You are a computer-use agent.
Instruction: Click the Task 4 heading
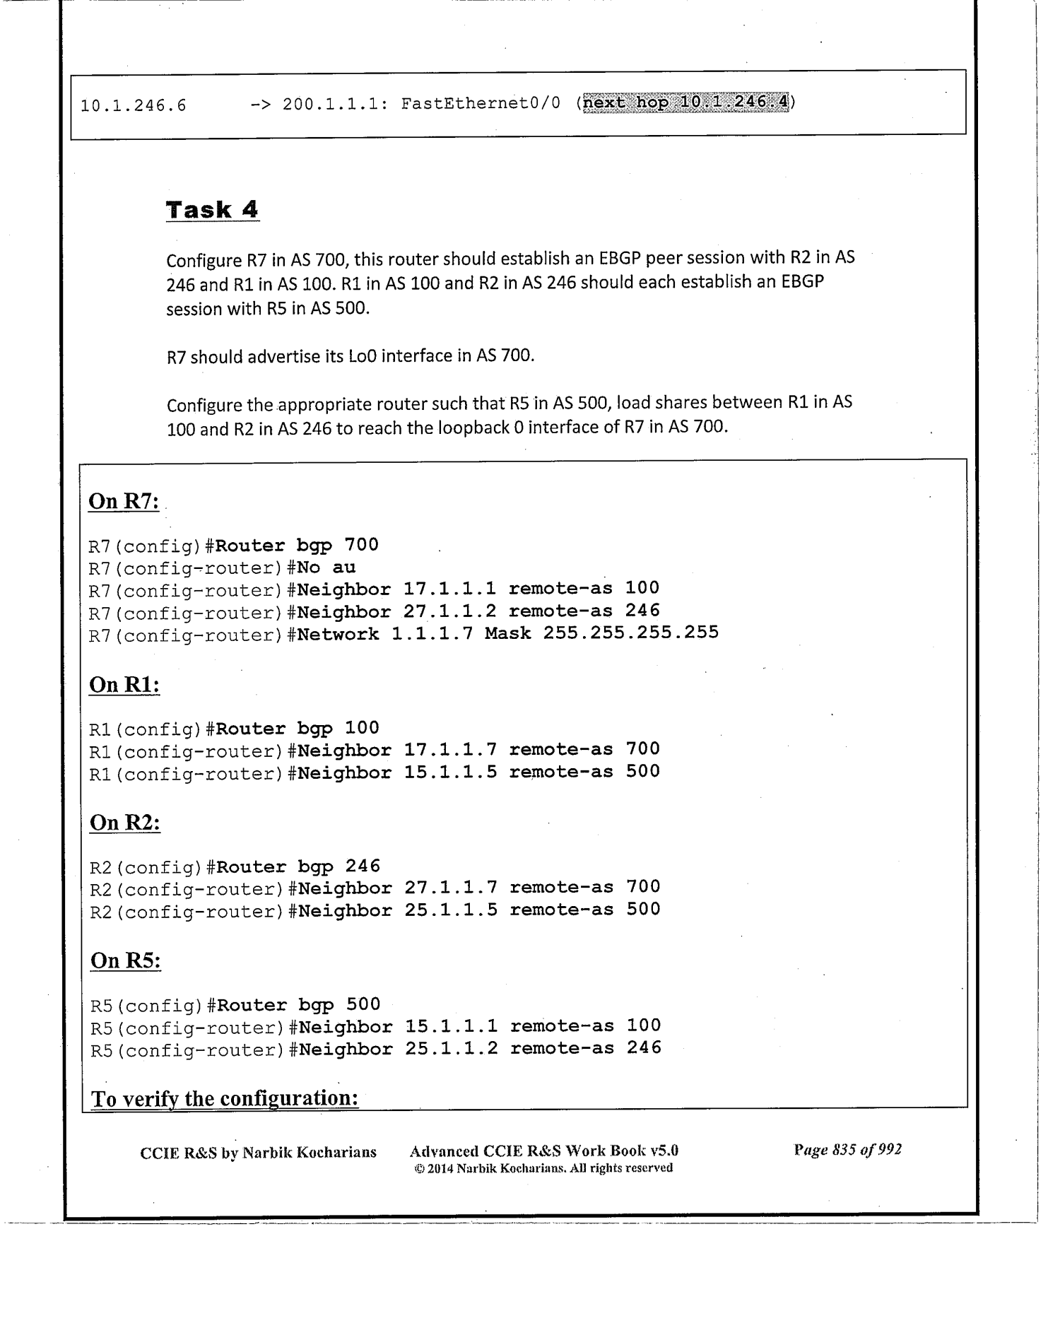click(x=212, y=210)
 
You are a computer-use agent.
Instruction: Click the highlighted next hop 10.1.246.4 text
click(x=686, y=103)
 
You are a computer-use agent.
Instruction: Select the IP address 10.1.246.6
click(x=134, y=106)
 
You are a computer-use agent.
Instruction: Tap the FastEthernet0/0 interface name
click(x=481, y=104)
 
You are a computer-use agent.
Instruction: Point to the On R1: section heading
click(x=124, y=685)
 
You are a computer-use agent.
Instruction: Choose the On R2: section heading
click(x=125, y=823)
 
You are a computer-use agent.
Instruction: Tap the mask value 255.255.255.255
click(x=630, y=633)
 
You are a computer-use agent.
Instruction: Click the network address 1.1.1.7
click(x=432, y=633)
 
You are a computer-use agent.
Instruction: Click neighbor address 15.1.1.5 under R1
click(x=450, y=772)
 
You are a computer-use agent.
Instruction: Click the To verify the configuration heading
click(x=225, y=1098)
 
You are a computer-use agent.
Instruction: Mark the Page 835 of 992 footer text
click(x=847, y=1150)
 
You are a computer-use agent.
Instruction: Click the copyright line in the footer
click(x=543, y=1168)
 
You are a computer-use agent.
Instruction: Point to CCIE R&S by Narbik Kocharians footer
click(x=258, y=1153)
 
